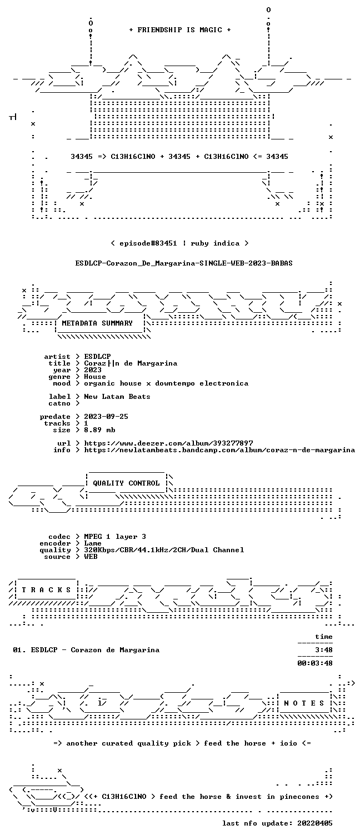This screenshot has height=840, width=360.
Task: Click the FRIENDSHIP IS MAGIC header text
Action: click(180, 29)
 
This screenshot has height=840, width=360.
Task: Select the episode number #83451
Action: click(163, 243)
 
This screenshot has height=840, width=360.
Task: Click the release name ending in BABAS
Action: click(184, 263)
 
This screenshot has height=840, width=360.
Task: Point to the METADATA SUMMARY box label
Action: click(97, 323)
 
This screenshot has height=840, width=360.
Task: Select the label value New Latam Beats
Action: click(117, 396)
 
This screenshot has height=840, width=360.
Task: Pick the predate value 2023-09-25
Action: click(106, 417)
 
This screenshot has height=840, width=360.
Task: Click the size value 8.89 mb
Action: click(99, 430)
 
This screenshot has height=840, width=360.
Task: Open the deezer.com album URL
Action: click(168, 443)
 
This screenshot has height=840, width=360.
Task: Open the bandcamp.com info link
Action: click(219, 450)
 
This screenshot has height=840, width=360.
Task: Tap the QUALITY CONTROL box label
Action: click(126, 483)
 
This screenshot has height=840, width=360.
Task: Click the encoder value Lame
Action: click(93, 543)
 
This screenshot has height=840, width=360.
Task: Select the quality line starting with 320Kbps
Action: click(164, 550)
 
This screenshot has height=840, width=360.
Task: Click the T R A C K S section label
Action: click(46, 590)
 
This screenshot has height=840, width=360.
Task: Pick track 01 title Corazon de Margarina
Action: click(115, 650)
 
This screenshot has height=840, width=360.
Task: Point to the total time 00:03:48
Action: click(315, 663)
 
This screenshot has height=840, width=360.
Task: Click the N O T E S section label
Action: click(304, 703)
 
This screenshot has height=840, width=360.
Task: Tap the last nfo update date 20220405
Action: click(315, 823)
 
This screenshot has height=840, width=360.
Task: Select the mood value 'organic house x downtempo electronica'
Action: click(166, 383)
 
